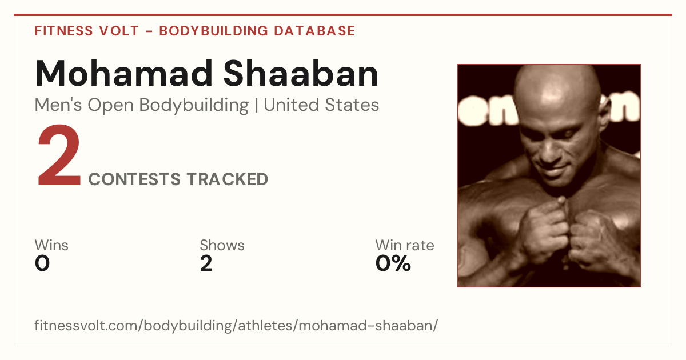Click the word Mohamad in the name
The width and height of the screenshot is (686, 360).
tap(124, 74)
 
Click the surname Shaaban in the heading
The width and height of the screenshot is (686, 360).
tap(301, 74)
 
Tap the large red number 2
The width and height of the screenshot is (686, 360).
tap(59, 155)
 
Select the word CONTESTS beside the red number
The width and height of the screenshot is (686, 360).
tap(134, 179)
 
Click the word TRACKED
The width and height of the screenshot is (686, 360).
tap(228, 179)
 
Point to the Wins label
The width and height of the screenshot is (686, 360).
tap(51, 245)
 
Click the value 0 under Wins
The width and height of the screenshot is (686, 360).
tap(42, 263)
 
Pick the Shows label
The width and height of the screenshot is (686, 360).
tap(222, 245)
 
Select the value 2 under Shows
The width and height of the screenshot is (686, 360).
tap(206, 263)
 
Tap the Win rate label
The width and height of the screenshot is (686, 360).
tap(405, 245)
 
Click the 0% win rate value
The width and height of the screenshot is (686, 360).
tap(393, 263)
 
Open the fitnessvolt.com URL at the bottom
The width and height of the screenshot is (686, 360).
tap(236, 325)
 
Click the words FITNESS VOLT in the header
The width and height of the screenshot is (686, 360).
tap(87, 31)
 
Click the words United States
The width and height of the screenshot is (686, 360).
tap(321, 105)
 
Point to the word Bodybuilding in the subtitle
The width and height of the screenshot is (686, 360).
tap(194, 106)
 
